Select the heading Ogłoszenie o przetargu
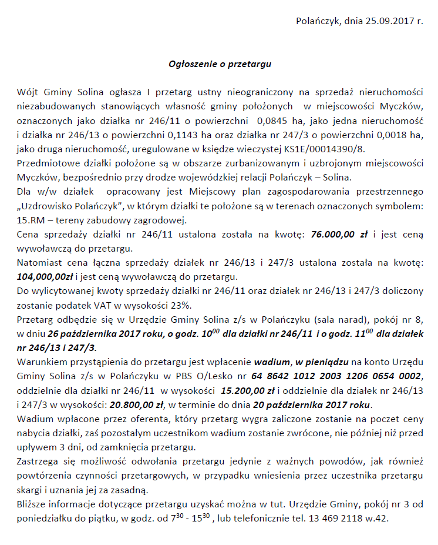(220, 63)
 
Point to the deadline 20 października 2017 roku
(312, 403)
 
